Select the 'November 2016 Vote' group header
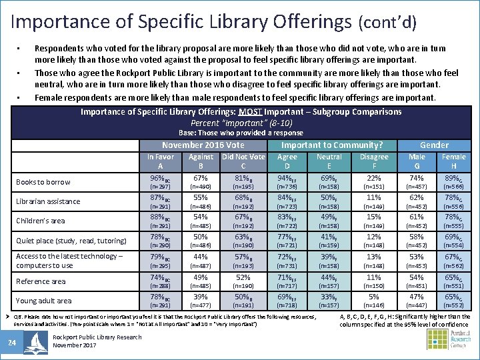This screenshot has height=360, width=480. click(203, 145)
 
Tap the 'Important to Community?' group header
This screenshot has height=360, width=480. click(331, 145)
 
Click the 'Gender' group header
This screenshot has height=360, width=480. click(434, 145)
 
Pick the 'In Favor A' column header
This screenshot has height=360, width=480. click(160, 161)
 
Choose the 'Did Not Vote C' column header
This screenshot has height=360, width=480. click(243, 161)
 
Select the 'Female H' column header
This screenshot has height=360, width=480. click(453, 161)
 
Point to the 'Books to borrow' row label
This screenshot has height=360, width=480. click(43, 182)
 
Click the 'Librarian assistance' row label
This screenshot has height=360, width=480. click(48, 201)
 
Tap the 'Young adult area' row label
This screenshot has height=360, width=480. click(44, 301)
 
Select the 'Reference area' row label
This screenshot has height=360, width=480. click(41, 281)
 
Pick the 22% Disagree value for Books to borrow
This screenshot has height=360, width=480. click(373, 179)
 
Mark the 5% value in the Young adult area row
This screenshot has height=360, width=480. click(373, 297)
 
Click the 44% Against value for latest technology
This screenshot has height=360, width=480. click(201, 257)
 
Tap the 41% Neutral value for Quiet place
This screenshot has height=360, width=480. click(328, 237)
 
